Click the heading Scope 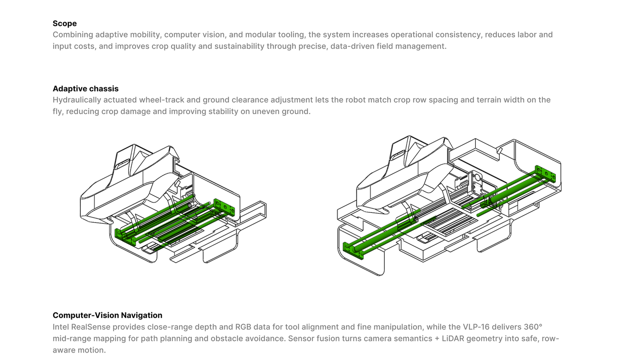pos(65,23)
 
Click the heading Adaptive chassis pos(85,89)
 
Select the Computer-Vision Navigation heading pos(107,315)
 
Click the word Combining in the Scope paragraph pos(73,35)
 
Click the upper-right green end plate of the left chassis pos(224,207)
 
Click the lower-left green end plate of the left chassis pos(125,237)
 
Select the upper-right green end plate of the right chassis pos(545,174)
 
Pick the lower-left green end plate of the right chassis pos(353,251)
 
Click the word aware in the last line pos(64,350)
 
